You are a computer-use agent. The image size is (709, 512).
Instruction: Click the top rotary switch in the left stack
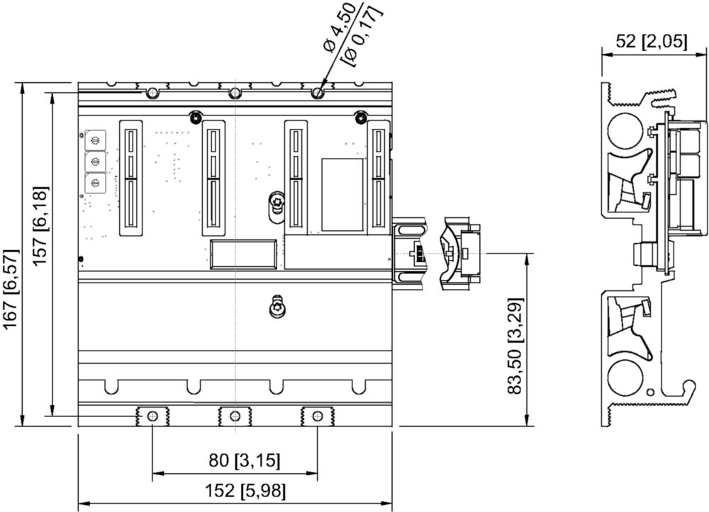[95, 140]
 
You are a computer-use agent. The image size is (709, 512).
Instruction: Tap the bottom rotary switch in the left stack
[95, 183]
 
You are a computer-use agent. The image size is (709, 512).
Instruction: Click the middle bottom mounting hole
[234, 416]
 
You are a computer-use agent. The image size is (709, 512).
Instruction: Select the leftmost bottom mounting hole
[152, 416]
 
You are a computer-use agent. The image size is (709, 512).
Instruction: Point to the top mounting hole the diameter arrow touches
[318, 93]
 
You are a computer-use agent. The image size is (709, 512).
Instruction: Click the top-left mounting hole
[152, 93]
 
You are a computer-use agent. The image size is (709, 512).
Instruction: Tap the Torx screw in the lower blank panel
[277, 307]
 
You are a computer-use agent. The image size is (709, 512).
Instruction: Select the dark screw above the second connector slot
[195, 117]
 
